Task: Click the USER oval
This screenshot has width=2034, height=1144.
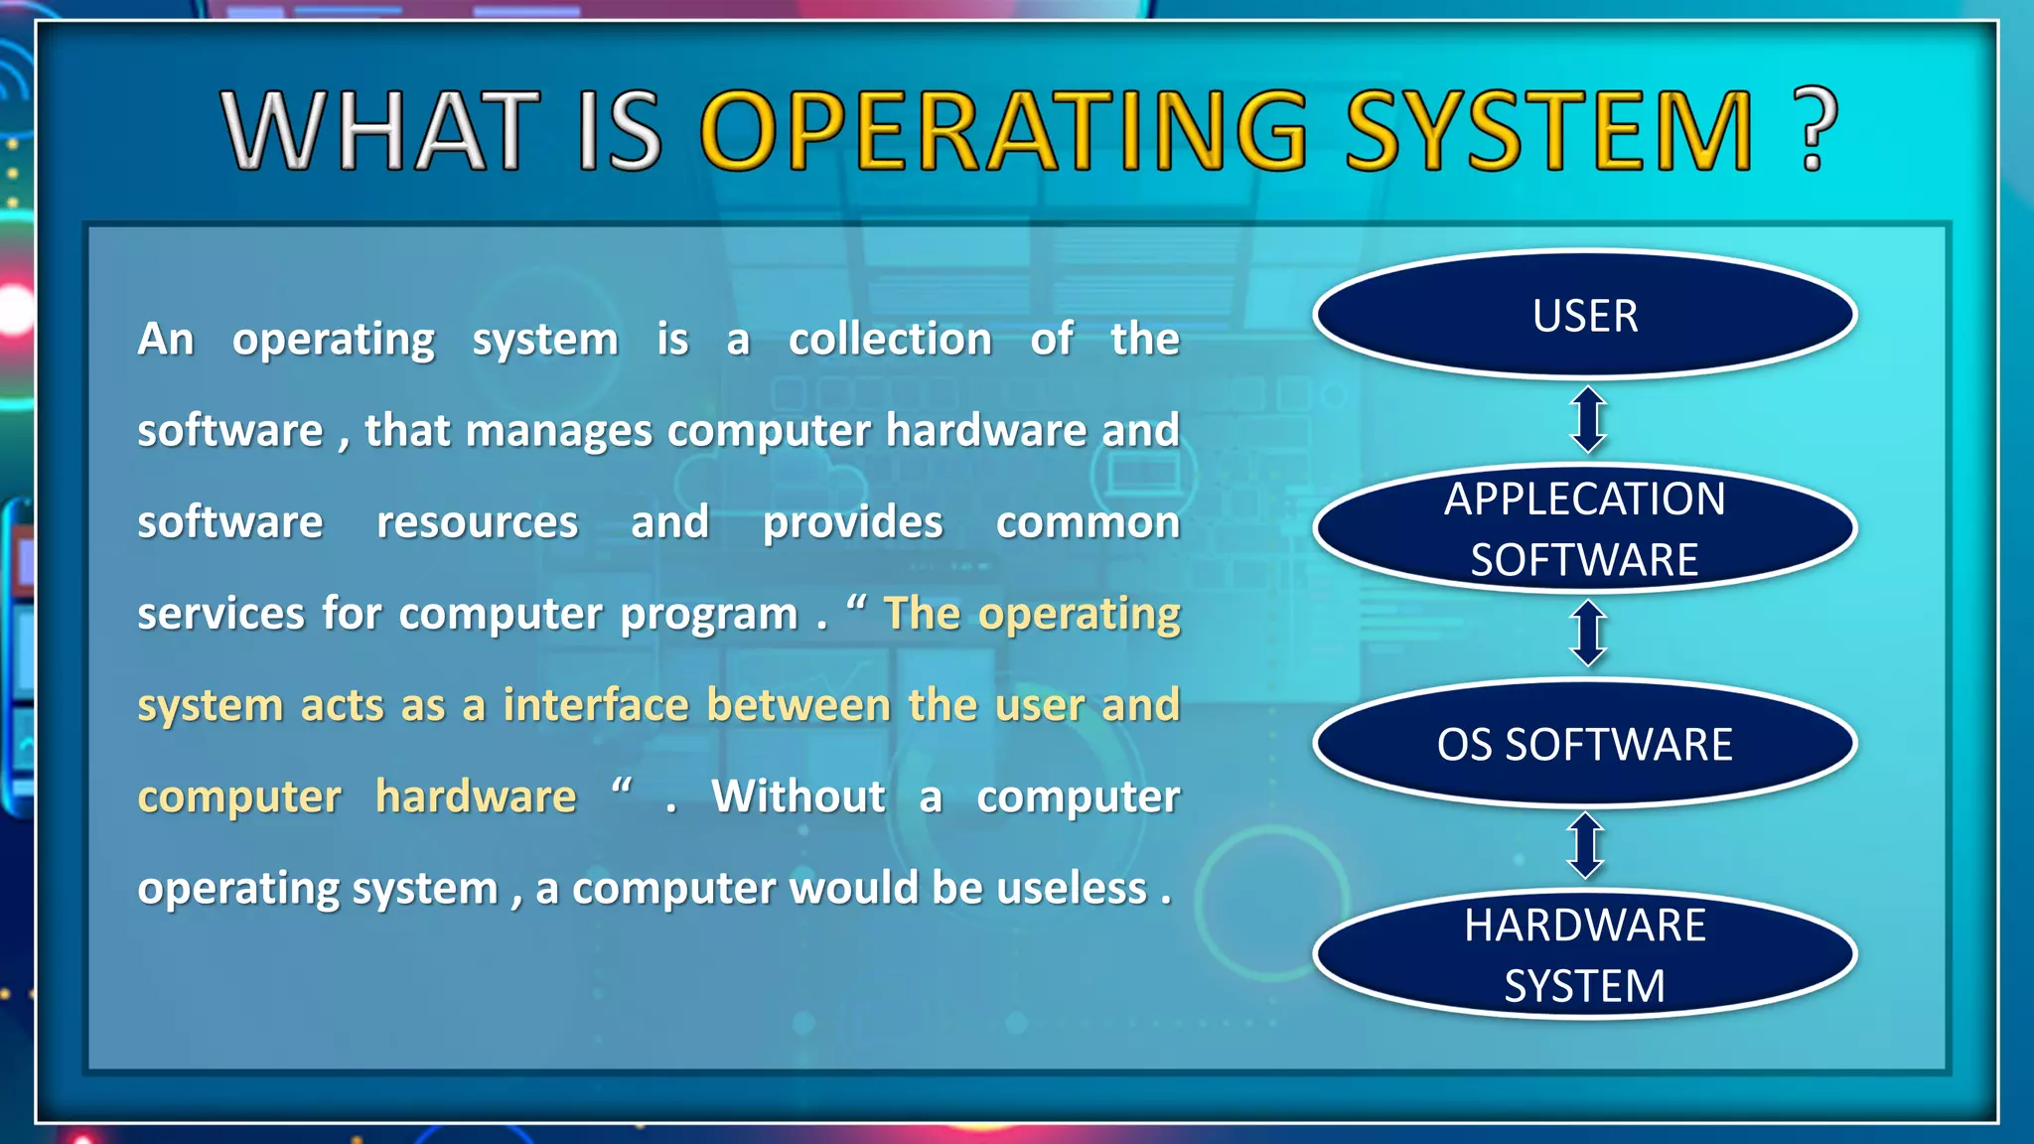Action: click(1585, 316)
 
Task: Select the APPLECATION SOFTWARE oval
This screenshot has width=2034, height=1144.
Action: click(1585, 528)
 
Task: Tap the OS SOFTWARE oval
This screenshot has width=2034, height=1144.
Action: click(1585, 744)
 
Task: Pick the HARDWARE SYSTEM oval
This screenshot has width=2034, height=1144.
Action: click(1585, 955)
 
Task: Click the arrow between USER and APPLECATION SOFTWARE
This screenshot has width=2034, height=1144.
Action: click(1588, 420)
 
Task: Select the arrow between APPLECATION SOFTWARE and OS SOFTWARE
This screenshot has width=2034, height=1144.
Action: click(1588, 634)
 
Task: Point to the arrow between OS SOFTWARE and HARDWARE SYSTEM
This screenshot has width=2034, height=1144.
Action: click(1586, 846)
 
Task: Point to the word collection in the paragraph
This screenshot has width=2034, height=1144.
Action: click(890, 340)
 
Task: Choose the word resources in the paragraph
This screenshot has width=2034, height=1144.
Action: click(477, 523)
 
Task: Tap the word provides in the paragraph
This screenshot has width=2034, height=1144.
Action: click(852, 523)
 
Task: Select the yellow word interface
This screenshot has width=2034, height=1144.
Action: click(596, 705)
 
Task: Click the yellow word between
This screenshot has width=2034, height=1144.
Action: click(799, 705)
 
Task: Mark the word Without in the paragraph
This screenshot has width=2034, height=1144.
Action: click(799, 796)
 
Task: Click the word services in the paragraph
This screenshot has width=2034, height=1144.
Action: click(220, 615)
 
